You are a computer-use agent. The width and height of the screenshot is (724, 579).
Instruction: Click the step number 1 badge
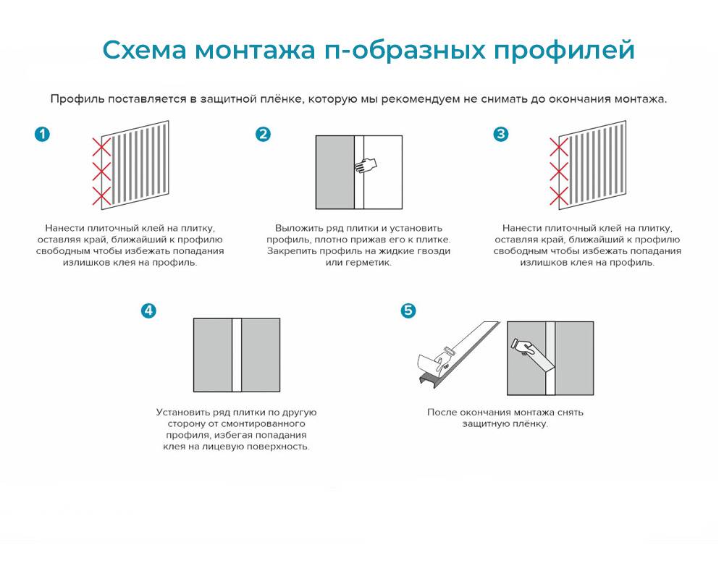(x=42, y=135)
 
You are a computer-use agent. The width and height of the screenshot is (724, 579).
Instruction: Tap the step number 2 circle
(x=264, y=135)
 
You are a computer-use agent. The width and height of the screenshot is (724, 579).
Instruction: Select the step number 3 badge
(x=500, y=135)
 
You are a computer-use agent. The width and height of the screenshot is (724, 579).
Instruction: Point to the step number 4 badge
(x=148, y=310)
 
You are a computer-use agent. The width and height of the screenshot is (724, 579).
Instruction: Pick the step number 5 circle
(x=408, y=310)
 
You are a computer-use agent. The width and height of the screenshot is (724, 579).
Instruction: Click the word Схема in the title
(x=145, y=50)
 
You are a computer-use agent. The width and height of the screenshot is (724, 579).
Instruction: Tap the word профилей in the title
(x=564, y=51)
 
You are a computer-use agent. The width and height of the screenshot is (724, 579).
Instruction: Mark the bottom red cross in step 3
(x=559, y=196)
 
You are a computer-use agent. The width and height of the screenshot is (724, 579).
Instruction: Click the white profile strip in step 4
(x=237, y=355)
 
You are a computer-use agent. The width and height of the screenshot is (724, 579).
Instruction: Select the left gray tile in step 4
(x=213, y=355)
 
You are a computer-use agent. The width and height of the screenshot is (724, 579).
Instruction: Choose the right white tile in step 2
(x=383, y=172)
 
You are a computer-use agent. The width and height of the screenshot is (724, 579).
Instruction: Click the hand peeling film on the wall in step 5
(x=522, y=347)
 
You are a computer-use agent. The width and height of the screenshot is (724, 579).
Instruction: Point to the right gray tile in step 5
(x=574, y=358)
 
